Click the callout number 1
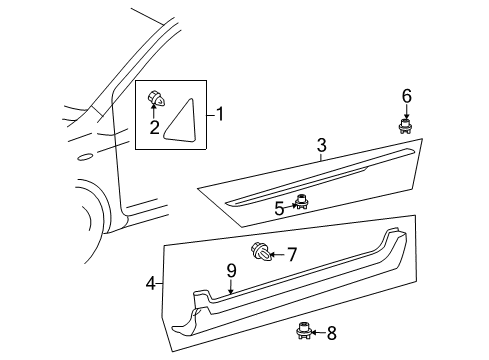tap(219, 114)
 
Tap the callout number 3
tap(320, 147)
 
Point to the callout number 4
tap(150, 283)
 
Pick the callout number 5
tap(280, 207)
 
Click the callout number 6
tap(406, 96)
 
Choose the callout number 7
tap(291, 255)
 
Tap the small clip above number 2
tap(155, 98)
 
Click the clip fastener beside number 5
tap(299, 203)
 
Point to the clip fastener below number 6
tap(406, 126)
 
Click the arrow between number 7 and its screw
tap(275, 255)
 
